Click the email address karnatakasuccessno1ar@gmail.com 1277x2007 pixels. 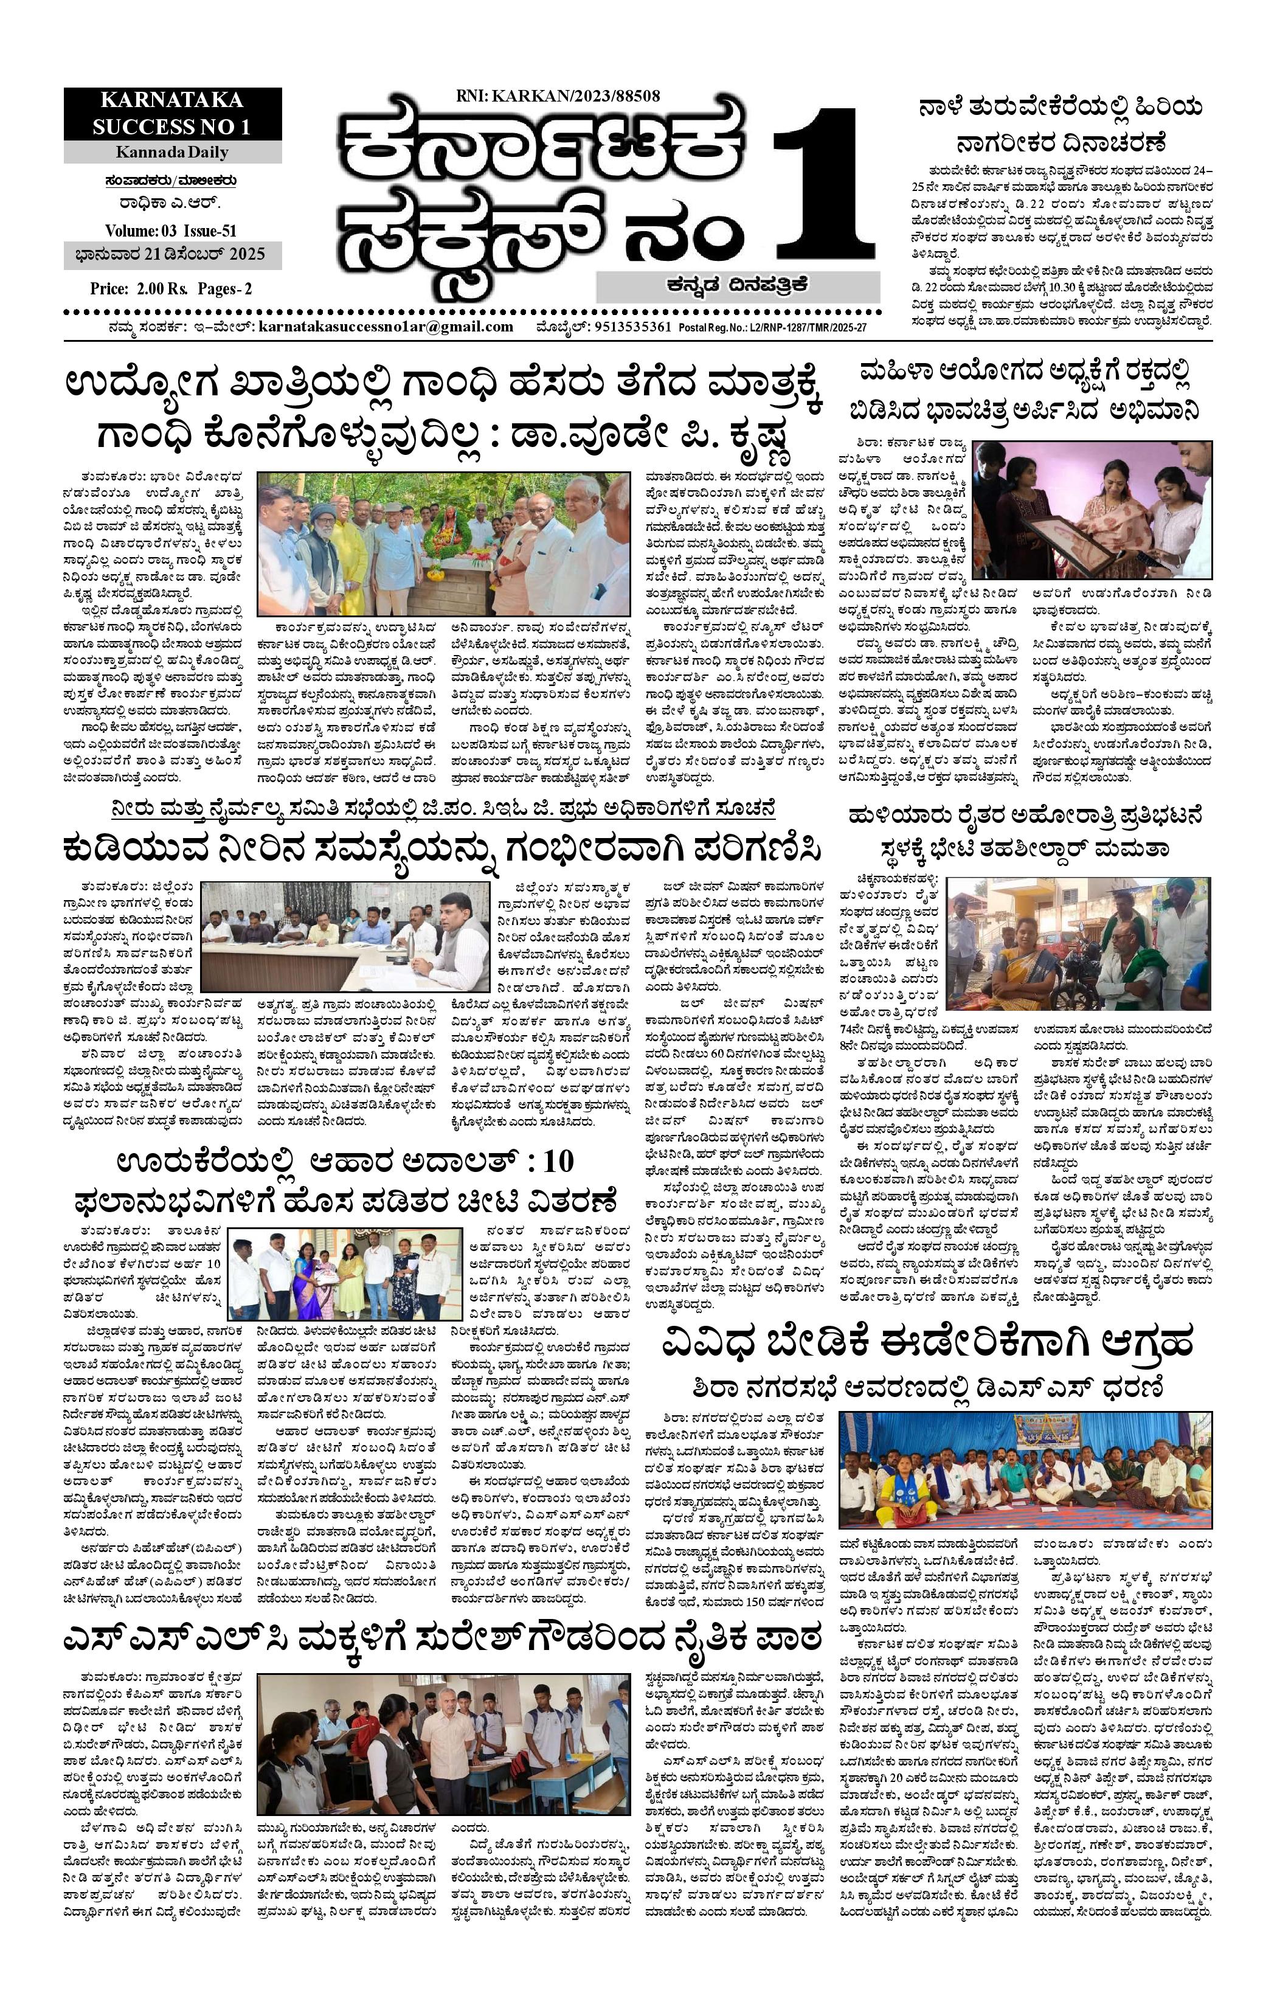coord(386,327)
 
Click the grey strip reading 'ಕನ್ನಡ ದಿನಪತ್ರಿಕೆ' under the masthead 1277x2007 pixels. coord(737,286)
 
